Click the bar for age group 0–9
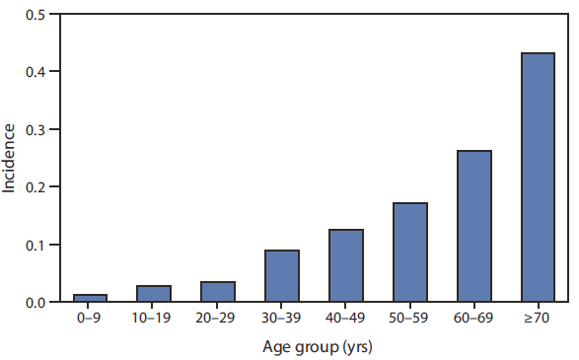tap(90, 298)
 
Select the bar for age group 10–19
tap(154, 294)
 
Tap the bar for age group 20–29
tap(218, 292)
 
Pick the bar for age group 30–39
tap(282, 276)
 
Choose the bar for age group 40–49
tap(346, 265)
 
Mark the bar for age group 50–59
tap(409, 252)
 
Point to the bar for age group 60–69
tap(473, 226)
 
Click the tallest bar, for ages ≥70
tap(538, 178)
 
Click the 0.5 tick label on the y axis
tap(35, 15)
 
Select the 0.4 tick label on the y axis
tap(35, 72)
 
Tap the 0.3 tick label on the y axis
tap(35, 129)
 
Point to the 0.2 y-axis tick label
tap(35, 186)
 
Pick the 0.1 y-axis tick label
tap(35, 245)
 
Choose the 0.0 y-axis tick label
tap(35, 302)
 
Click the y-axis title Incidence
tap(9, 158)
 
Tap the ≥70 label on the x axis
tap(538, 321)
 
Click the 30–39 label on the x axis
tap(282, 321)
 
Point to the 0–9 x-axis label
tap(90, 321)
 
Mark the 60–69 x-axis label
tap(473, 321)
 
